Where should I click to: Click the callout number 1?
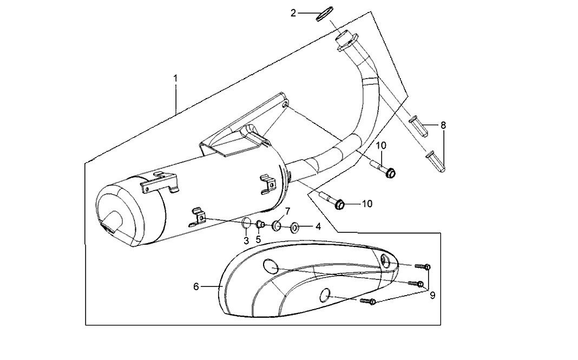coord(176,78)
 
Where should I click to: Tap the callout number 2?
coord(293,14)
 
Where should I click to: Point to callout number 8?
coord(443,126)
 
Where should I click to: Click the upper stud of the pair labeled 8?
coord(419,126)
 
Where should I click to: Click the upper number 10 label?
coord(382,145)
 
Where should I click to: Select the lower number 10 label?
coord(367,204)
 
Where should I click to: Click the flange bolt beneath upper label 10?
coord(383,168)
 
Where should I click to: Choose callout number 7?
coord(287,211)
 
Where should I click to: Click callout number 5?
coord(258,239)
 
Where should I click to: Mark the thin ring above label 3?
coord(246,223)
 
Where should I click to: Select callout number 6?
coord(196,286)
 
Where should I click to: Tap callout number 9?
coord(432,295)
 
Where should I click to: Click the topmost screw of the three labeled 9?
coord(423,266)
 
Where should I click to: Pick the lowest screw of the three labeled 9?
coord(367,302)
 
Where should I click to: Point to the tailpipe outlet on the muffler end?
coord(110,223)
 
